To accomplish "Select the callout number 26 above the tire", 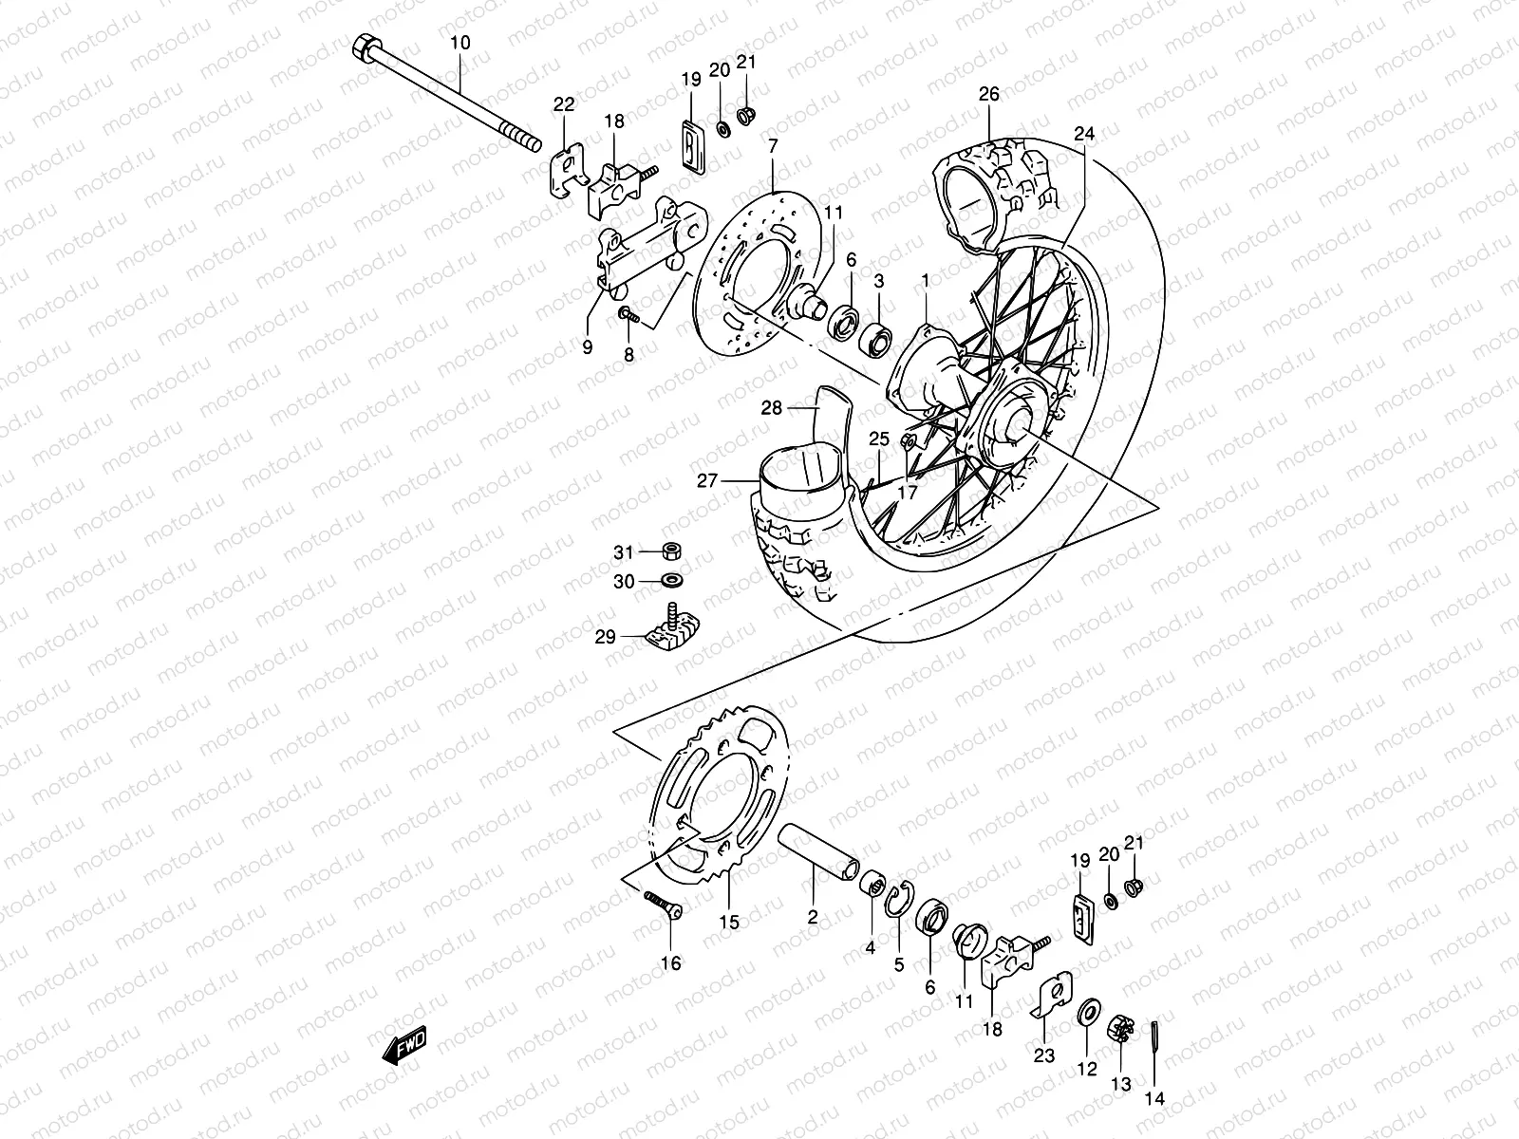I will [x=989, y=95].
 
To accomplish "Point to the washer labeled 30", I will [x=672, y=580].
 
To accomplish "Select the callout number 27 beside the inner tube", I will [x=707, y=481].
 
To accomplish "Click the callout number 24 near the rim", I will [x=1084, y=134].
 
